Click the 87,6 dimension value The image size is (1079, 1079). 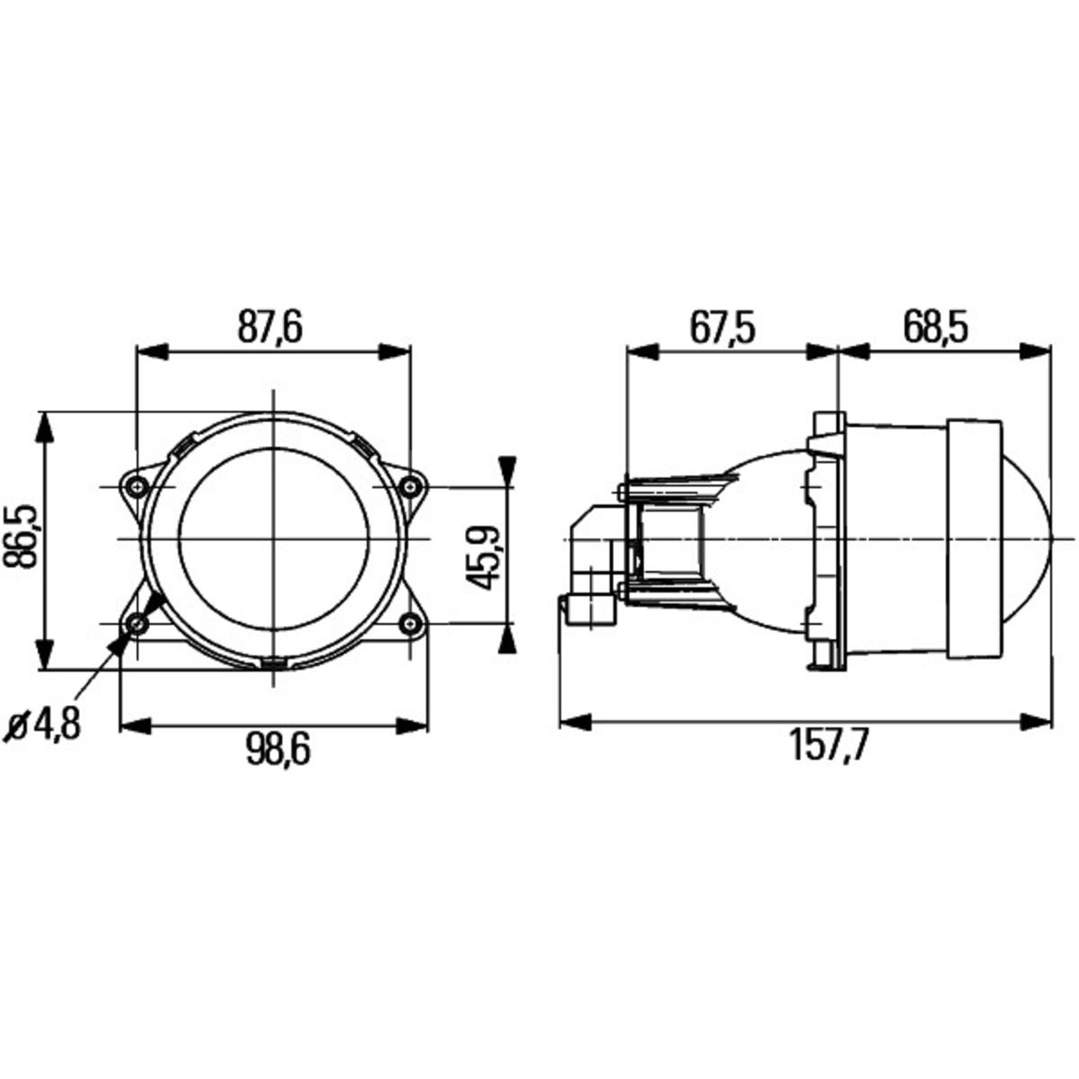pyautogui.click(x=271, y=327)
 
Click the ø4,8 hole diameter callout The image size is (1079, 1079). pyautogui.click(x=46, y=726)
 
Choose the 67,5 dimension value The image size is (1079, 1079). pyautogui.click(x=723, y=327)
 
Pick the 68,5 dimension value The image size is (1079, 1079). pyautogui.click(x=936, y=327)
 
